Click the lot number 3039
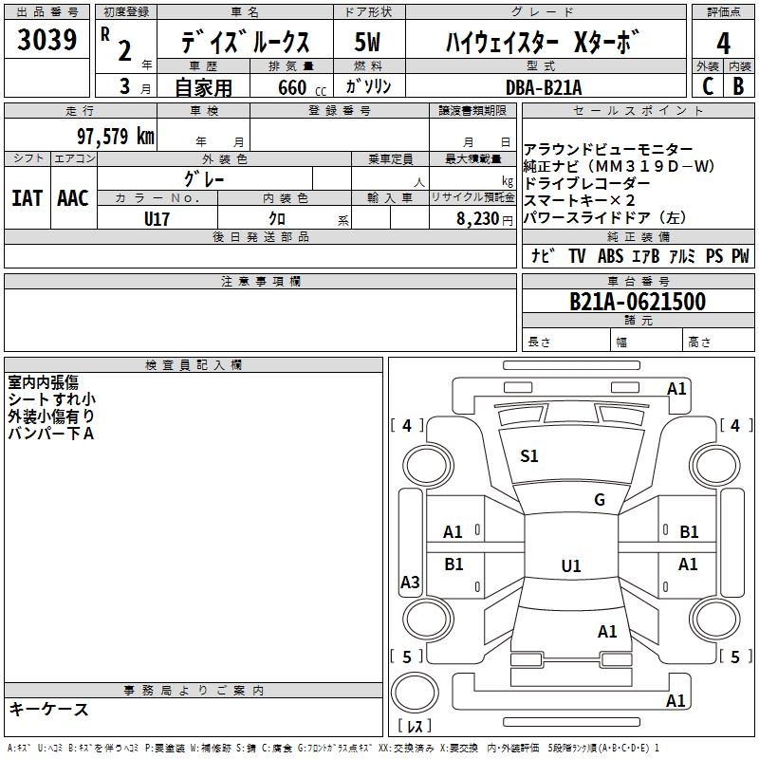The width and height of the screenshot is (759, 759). tap(47, 41)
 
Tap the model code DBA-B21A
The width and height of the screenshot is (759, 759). tap(546, 86)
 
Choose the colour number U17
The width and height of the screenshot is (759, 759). tap(157, 217)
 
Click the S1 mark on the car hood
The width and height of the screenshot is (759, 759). tap(529, 456)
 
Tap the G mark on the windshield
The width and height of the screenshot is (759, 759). tap(600, 500)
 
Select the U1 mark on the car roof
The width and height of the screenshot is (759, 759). tap(570, 566)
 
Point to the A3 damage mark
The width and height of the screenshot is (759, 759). tap(410, 583)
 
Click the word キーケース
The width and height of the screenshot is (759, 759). tap(48, 709)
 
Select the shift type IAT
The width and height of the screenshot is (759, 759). tap(27, 198)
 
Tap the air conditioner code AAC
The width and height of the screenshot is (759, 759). tap(73, 198)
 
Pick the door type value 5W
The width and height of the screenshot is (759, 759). tap(368, 42)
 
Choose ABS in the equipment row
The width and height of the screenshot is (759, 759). tap(610, 256)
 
